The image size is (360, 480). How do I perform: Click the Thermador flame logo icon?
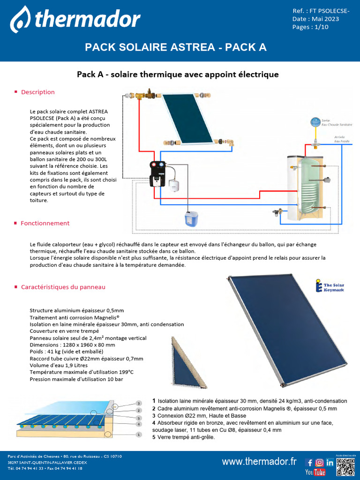pyautogui.click(x=20, y=20)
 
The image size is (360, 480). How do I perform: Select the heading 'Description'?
pyautogui.click(x=37, y=92)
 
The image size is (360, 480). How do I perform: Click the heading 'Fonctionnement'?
pyautogui.click(x=45, y=224)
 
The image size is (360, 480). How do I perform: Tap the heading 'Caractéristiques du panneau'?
pyautogui.click(x=63, y=287)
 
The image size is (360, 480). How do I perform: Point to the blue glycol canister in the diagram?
pyautogui.click(x=191, y=218)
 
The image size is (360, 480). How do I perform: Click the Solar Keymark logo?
pyautogui.click(x=330, y=286)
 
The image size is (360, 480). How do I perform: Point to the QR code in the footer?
pyautogui.click(x=346, y=465)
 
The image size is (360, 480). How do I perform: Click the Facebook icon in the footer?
pyautogui.click(x=310, y=462)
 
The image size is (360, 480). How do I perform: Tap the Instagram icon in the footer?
pyautogui.click(x=320, y=462)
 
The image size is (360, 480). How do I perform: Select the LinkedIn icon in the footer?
pyautogui.click(x=330, y=462)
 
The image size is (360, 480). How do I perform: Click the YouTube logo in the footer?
pyautogui.click(x=315, y=472)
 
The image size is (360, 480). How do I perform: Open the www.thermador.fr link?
pyautogui.click(x=259, y=462)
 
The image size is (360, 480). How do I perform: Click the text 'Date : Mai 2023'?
pyautogui.click(x=315, y=19)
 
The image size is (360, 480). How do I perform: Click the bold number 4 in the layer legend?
pyautogui.click(x=154, y=423)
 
